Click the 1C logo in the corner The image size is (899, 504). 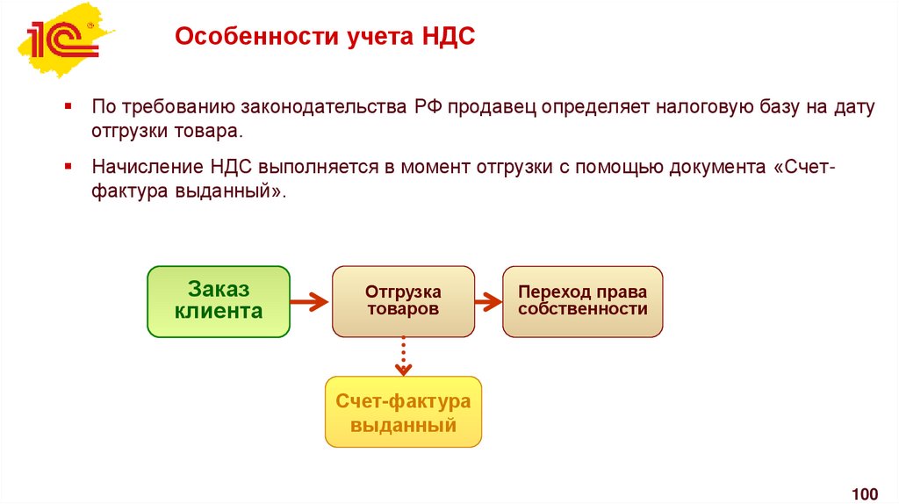(61, 40)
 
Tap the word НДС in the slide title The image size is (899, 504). (446, 39)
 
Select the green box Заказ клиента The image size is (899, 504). (219, 301)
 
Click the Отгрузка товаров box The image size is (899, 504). (403, 301)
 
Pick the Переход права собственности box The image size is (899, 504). (582, 301)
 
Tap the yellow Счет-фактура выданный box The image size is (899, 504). (403, 413)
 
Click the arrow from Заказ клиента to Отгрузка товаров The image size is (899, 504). (310, 302)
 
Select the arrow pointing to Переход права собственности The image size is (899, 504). (488, 302)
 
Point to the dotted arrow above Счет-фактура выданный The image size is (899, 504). (403, 356)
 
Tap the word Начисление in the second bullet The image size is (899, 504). (146, 168)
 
